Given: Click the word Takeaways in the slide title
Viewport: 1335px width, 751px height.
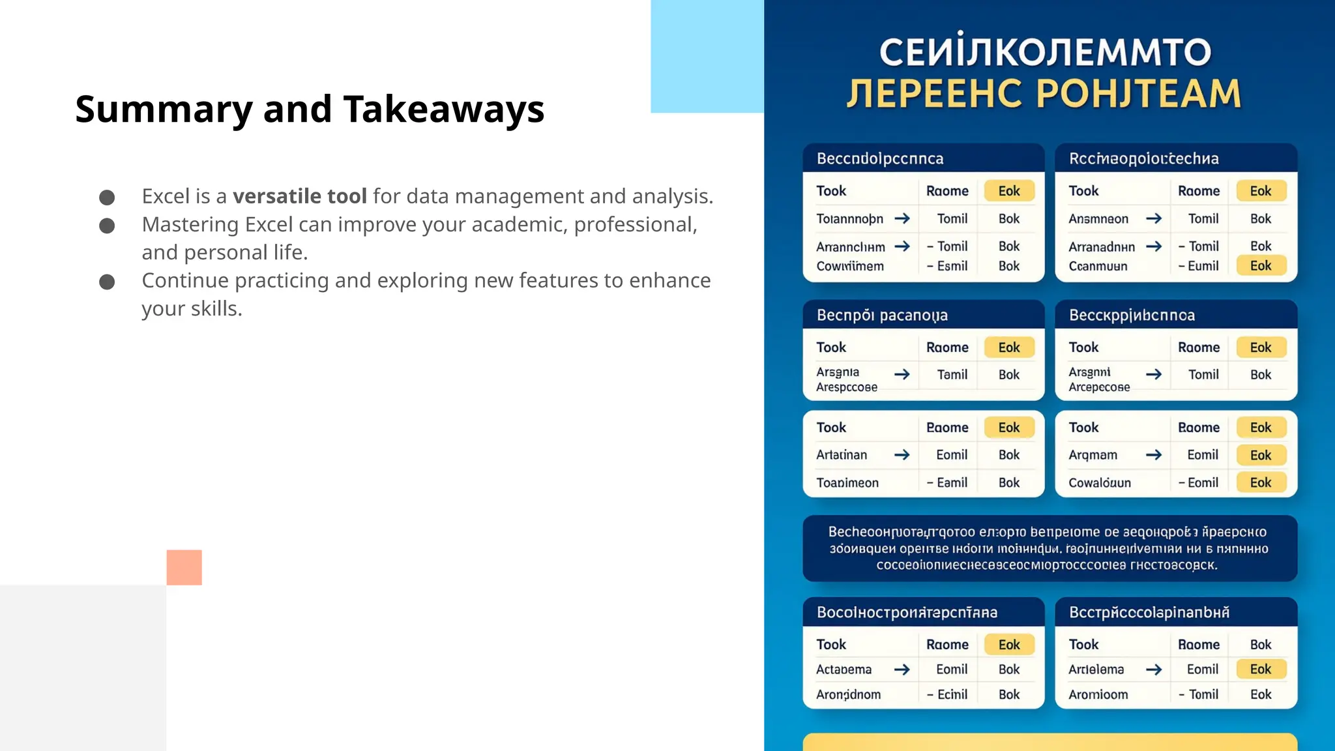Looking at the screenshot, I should coord(443,109).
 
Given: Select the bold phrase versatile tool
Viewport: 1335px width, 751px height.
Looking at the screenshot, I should coord(300,196).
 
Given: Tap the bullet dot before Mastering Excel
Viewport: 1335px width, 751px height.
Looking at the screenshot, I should coord(107,226).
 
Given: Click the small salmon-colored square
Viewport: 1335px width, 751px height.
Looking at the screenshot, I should coord(184,567).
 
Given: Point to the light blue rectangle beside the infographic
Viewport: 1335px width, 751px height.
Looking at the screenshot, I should coord(707,56).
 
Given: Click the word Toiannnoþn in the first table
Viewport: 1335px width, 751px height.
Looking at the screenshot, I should coord(849,219).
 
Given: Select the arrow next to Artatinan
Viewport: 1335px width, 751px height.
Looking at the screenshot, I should coord(902,455).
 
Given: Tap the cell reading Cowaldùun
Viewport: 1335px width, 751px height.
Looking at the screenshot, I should coord(1099,483).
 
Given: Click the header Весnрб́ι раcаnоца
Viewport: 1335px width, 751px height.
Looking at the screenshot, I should coord(882,316).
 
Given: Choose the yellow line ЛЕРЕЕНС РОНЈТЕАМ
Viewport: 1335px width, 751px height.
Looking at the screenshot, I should coord(1044,93).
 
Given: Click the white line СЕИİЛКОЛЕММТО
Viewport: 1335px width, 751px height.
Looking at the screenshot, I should coord(1045,52).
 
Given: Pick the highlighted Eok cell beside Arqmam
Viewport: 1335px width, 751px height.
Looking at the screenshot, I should coord(1260,455).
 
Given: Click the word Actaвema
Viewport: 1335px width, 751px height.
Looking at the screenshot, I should coord(844,670).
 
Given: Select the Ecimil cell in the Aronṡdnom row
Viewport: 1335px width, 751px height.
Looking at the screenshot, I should coord(952,695).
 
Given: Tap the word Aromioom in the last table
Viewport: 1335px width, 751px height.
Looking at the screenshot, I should coord(1098,695).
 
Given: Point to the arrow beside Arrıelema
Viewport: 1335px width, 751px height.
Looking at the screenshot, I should coord(1153,670).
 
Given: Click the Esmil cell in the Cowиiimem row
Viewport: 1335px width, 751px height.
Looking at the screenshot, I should coord(952,266).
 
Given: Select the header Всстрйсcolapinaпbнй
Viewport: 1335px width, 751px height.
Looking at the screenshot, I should coord(1149,613).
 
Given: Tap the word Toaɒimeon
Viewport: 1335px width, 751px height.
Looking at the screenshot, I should coord(847,483).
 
